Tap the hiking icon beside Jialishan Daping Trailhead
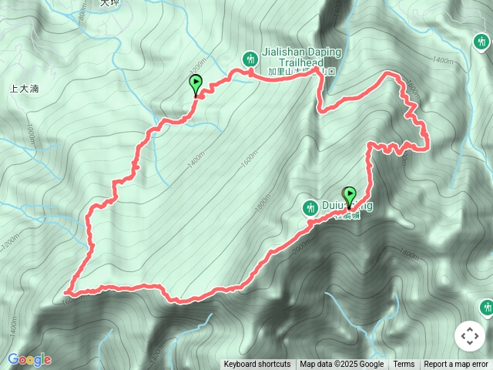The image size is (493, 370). click(250, 58)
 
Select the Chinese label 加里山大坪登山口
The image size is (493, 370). click(303, 72)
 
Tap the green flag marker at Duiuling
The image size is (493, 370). click(350, 197)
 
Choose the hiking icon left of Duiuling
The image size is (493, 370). click(310, 207)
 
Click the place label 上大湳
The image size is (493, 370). click(24, 89)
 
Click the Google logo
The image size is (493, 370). click(29, 359)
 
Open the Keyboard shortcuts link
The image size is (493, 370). click(257, 365)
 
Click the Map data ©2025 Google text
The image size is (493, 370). click(341, 365)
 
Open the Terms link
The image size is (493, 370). click(404, 365)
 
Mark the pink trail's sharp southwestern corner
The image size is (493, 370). click(68, 293)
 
